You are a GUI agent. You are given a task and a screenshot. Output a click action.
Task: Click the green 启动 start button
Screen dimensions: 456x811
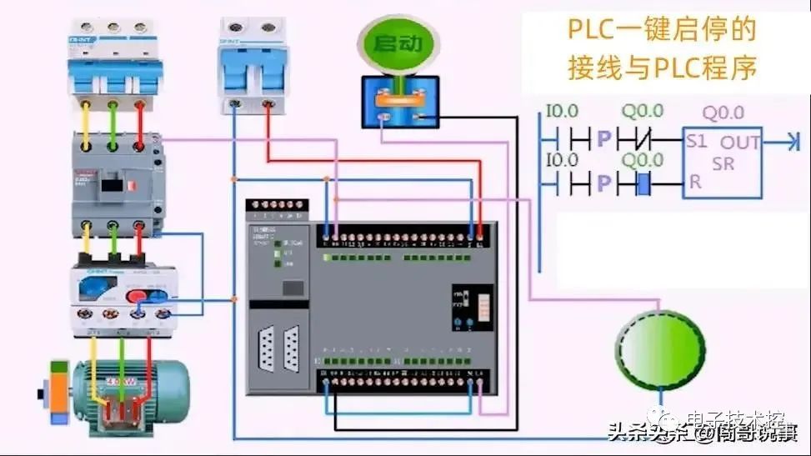coord(397,44)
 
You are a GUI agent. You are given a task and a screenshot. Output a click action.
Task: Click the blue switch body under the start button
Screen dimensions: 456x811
coord(400,101)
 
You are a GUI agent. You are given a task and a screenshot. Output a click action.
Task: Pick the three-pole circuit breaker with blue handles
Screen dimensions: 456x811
coord(112,63)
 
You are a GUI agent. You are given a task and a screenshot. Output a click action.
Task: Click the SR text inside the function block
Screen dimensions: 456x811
coord(723,163)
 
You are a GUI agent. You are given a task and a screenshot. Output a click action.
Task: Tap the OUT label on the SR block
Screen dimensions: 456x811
coord(740,143)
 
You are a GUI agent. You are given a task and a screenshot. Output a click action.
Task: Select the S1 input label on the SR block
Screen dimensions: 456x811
coord(697,143)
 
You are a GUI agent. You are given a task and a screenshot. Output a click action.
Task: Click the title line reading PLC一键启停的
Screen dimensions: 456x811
coord(663,31)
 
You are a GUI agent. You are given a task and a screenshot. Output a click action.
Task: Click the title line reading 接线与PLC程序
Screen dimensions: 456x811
coord(663,68)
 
